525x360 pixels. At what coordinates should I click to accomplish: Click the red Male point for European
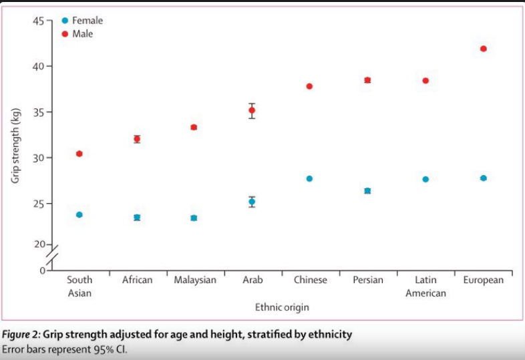483,49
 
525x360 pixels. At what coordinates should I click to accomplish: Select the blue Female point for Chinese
309,178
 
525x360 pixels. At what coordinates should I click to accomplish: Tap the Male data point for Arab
252,110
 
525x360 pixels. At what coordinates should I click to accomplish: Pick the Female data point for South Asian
79,214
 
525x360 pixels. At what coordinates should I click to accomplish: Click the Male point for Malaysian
194,128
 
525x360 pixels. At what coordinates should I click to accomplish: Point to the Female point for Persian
367,191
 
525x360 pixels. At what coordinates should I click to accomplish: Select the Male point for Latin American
425,81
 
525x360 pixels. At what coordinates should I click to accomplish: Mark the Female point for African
137,217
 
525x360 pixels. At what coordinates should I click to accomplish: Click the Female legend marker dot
65,21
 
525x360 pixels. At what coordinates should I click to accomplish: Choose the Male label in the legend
83,34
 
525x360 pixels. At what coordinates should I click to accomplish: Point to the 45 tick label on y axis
38,21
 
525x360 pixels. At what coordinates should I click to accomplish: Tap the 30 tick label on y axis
38,158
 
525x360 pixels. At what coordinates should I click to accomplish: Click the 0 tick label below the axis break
43,271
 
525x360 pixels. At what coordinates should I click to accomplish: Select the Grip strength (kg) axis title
15,146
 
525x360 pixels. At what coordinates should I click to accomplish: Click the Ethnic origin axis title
282,307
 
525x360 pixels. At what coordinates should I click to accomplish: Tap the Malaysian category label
195,280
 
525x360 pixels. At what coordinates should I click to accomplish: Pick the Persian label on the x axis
368,280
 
